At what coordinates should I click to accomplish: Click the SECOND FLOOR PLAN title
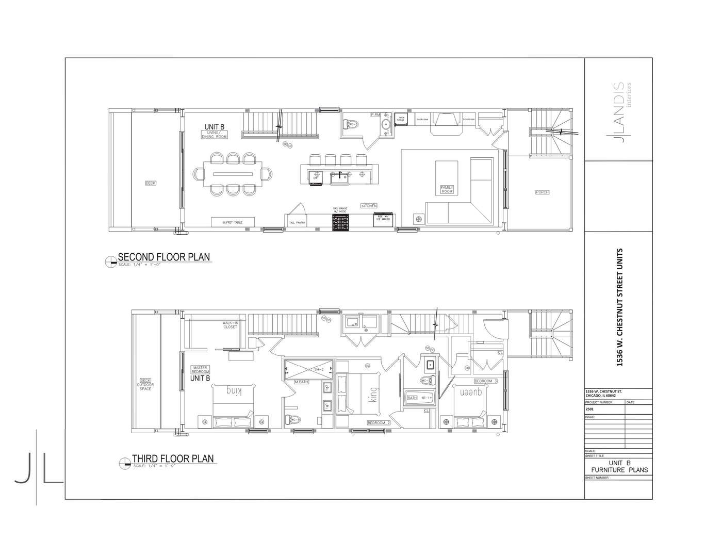163,257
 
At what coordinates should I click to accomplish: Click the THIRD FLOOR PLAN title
172,458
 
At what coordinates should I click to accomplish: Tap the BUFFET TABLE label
232,222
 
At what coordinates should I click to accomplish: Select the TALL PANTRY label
297,223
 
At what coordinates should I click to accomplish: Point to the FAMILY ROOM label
446,189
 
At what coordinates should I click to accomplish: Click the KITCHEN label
369,206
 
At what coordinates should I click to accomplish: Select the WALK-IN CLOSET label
230,325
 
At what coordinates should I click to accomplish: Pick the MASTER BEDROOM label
200,370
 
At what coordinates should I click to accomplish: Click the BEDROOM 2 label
379,423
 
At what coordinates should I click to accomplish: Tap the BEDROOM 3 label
485,381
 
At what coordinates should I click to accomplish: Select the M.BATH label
301,382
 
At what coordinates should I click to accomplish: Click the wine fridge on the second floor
401,119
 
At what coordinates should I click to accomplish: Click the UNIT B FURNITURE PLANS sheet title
619,467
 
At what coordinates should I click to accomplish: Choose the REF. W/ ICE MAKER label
383,218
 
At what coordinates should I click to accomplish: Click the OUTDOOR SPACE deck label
145,385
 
